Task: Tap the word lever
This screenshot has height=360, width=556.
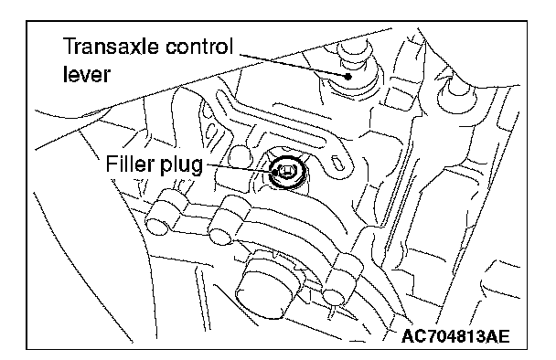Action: pyautogui.click(x=87, y=74)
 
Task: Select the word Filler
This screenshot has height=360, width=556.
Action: pyautogui.click(x=130, y=164)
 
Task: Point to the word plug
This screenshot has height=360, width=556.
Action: pyautogui.click(x=181, y=166)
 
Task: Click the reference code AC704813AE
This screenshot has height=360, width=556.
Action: pyautogui.click(x=455, y=336)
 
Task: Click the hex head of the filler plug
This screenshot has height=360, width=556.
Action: pyautogui.click(x=284, y=172)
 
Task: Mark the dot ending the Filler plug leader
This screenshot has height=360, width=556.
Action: pyautogui.click(x=274, y=173)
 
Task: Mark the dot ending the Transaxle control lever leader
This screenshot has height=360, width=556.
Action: pyautogui.click(x=348, y=76)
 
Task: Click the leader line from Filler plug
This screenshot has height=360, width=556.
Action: pyautogui.click(x=239, y=168)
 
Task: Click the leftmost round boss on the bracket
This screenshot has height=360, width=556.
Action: pyautogui.click(x=156, y=226)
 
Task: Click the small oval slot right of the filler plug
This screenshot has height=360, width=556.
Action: pyautogui.click(x=337, y=164)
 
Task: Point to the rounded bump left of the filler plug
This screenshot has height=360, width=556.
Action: pyautogui.click(x=239, y=156)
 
